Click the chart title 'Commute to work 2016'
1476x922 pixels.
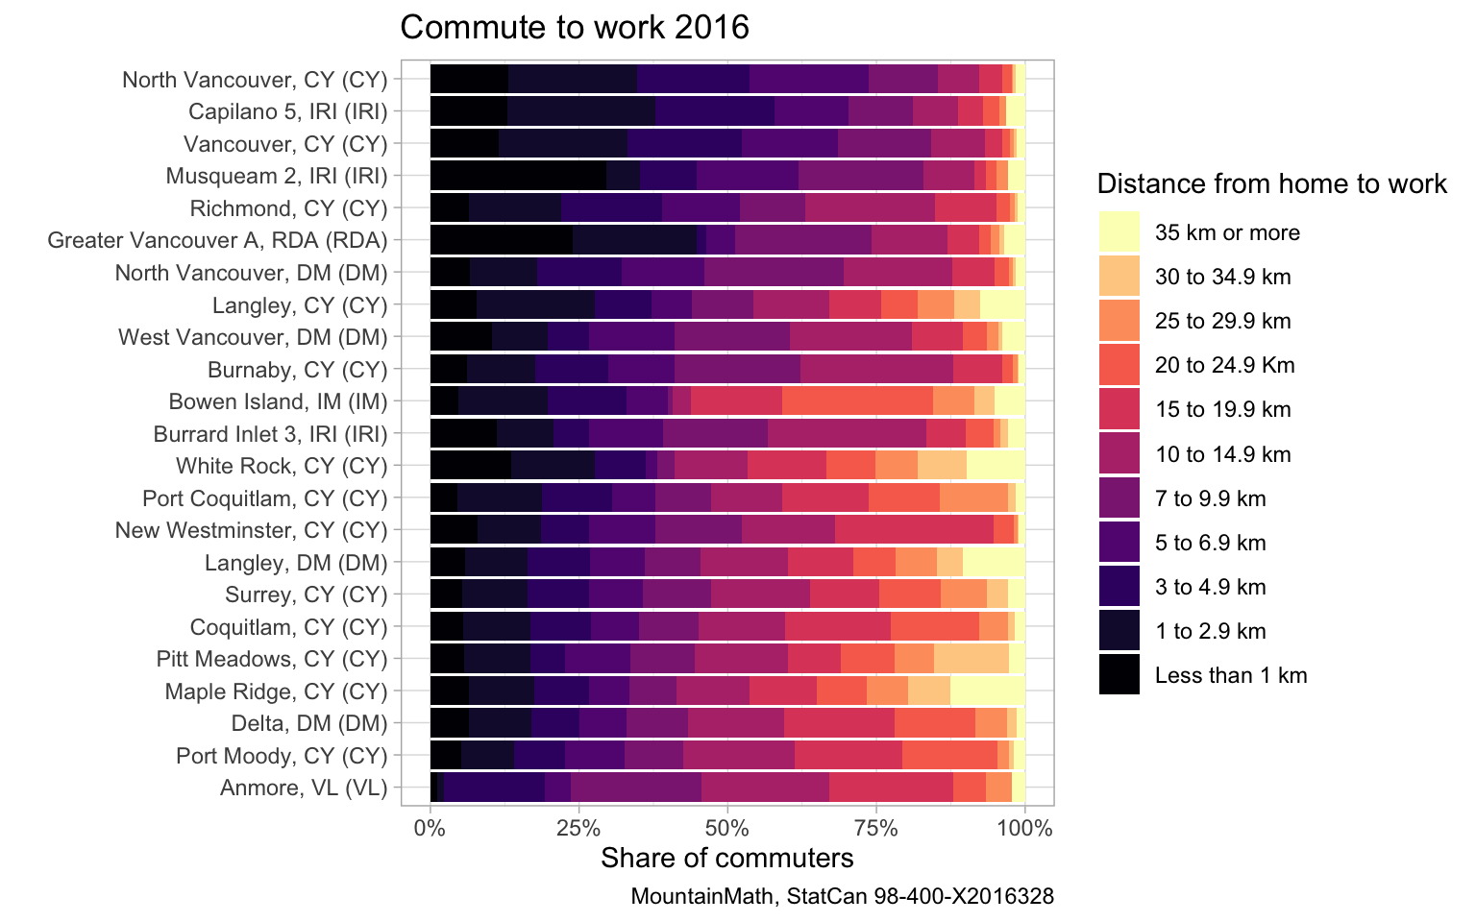tap(574, 27)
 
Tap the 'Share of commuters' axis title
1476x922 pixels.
tap(726, 858)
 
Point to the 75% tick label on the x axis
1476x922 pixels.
tap(876, 827)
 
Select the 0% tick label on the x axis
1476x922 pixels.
tap(430, 827)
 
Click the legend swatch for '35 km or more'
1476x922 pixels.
tap(1119, 232)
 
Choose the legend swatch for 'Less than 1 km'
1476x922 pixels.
tap(1119, 675)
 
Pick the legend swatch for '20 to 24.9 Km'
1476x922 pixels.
tap(1119, 365)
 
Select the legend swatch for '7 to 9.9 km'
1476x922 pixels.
tap(1119, 498)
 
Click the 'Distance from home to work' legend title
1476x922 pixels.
tap(1271, 184)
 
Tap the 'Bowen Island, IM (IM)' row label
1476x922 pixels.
tap(278, 401)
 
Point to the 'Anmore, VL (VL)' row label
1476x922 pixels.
tap(304, 789)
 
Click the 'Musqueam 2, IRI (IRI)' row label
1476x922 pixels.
tap(277, 176)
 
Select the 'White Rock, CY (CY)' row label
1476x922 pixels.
tap(282, 466)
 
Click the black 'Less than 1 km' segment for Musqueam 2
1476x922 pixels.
tap(518, 176)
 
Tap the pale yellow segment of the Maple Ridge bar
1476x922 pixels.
tap(987, 691)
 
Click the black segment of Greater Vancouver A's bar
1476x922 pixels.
tap(501, 240)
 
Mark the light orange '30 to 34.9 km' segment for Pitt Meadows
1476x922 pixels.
tap(972, 659)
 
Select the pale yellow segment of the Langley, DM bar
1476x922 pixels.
tap(994, 563)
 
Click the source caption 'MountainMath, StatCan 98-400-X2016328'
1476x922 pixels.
tap(842, 897)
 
